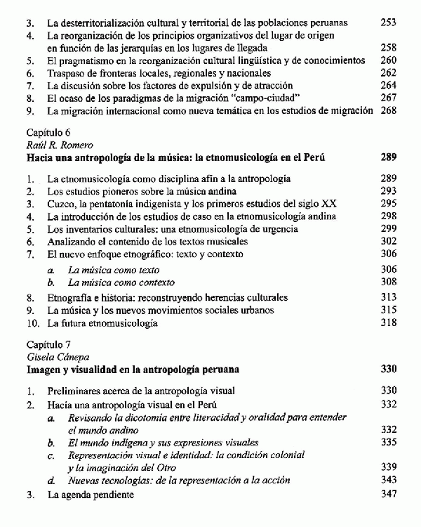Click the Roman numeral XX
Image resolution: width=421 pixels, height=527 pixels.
327,204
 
